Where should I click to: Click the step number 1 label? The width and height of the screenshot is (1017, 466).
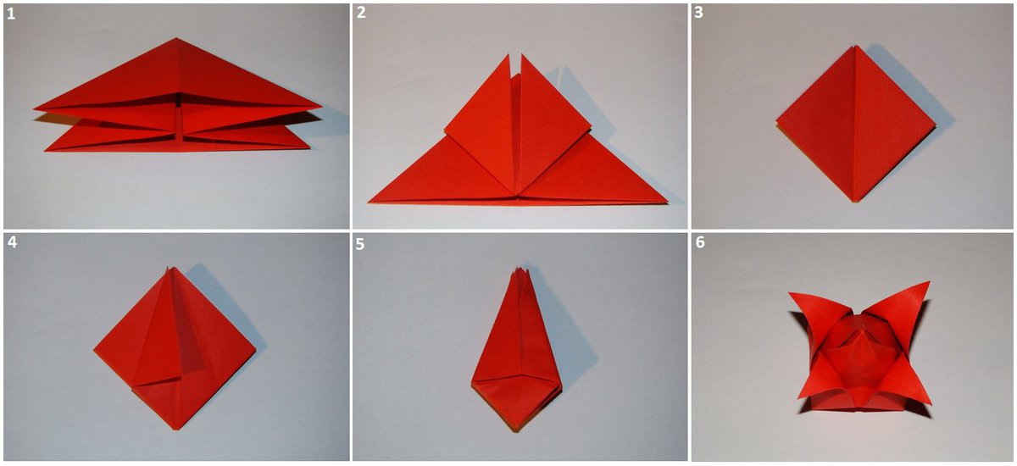[11, 14]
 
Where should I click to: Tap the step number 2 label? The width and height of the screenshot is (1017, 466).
[361, 13]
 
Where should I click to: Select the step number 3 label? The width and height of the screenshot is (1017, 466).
[698, 13]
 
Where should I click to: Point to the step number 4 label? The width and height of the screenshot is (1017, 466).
[12, 242]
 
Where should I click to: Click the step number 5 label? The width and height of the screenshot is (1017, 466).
[360, 244]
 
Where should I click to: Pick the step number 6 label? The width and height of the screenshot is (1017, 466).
[700, 242]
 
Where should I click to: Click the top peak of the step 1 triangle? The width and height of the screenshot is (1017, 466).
[176, 38]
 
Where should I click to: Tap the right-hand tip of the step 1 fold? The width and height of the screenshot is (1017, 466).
[322, 108]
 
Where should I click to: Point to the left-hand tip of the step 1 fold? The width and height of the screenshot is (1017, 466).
[34, 109]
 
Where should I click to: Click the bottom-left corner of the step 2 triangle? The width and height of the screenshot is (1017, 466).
[369, 202]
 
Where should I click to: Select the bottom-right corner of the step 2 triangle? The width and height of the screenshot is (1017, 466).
[668, 202]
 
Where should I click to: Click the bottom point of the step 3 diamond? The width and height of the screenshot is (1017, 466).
[855, 202]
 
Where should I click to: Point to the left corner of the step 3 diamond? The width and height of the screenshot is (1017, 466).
[776, 123]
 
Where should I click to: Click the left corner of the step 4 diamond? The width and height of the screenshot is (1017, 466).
[94, 350]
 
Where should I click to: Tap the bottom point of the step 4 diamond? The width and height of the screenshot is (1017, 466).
[176, 430]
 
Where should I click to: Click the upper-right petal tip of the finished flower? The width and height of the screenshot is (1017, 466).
[930, 282]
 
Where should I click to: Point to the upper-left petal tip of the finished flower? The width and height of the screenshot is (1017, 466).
[789, 293]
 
